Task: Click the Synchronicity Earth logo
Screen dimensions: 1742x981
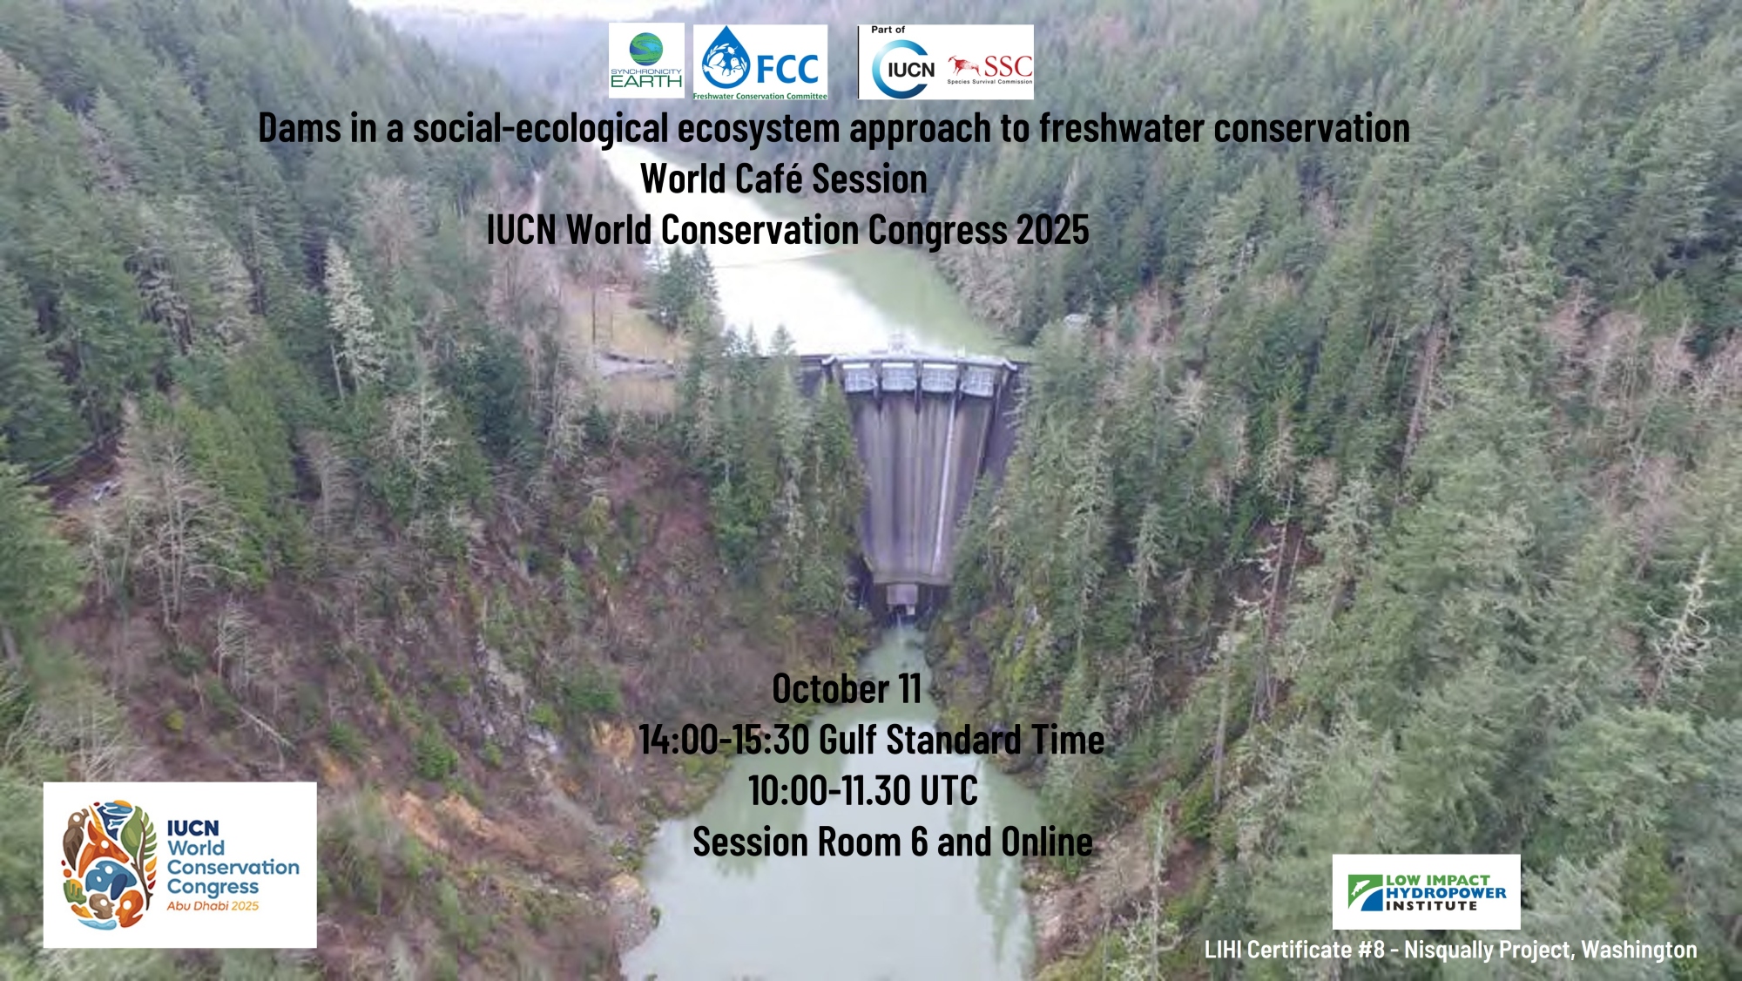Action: coord(646,61)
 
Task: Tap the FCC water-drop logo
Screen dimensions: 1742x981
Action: coord(760,62)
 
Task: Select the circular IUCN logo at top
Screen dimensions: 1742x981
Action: coord(904,69)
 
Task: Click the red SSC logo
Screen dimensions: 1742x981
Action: coord(990,69)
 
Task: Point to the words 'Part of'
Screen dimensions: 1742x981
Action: coord(888,30)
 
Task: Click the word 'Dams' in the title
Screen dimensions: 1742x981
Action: coord(300,129)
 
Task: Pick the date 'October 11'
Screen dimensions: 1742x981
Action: coord(847,689)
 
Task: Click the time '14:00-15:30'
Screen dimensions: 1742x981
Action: coord(725,740)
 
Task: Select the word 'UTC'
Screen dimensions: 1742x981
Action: coord(949,791)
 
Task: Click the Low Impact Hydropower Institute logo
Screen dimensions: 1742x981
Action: coord(1427,892)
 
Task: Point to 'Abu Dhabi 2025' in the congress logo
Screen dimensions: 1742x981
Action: coord(213,906)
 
